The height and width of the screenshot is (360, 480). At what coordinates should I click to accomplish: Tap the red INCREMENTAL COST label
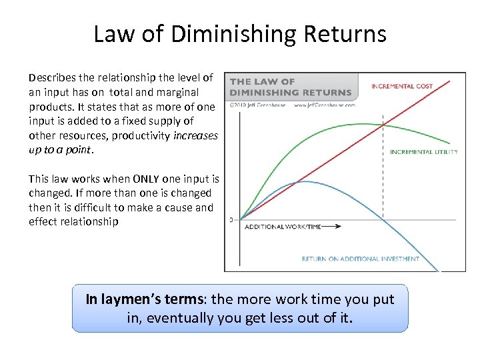point(402,87)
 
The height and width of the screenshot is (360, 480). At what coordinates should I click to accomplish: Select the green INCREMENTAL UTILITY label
point(424,152)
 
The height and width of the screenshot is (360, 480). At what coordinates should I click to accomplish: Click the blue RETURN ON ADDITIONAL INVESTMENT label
point(361,259)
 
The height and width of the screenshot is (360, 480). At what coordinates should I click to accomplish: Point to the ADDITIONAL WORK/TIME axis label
point(283,227)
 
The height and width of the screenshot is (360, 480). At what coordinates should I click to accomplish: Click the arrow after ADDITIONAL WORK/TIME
point(333,227)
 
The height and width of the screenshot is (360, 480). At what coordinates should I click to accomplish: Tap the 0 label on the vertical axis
point(231,219)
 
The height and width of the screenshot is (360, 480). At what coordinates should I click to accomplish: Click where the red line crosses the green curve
point(383,125)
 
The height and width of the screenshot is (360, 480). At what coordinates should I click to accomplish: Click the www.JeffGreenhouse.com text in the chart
point(325,105)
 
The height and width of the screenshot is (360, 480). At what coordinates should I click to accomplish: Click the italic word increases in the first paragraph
point(195,135)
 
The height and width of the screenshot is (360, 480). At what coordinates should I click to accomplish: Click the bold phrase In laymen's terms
point(145,300)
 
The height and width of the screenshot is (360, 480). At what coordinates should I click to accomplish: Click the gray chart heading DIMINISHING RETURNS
point(291,93)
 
